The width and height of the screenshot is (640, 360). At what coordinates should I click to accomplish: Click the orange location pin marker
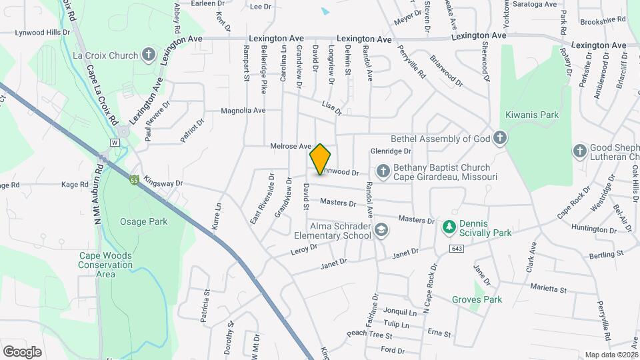coord(320,159)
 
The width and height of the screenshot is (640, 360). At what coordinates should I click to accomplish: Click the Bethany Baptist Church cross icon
coord(383,172)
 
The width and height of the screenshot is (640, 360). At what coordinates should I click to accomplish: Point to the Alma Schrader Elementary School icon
coord(381,231)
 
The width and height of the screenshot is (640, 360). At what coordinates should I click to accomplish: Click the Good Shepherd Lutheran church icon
coord(580,152)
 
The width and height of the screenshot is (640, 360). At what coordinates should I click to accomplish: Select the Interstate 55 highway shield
coord(135,180)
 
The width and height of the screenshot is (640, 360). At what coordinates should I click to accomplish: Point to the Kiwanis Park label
coord(531,115)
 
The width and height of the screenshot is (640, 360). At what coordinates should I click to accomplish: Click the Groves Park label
coord(476,300)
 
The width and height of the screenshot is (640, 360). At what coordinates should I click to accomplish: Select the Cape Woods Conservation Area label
coord(105,265)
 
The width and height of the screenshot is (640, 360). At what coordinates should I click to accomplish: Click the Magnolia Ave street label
coord(243,110)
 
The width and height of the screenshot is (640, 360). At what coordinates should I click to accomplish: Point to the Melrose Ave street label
coord(291,146)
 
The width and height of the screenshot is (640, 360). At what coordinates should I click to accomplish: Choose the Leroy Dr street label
coord(303,249)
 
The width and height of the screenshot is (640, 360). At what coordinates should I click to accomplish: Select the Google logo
coord(22,351)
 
